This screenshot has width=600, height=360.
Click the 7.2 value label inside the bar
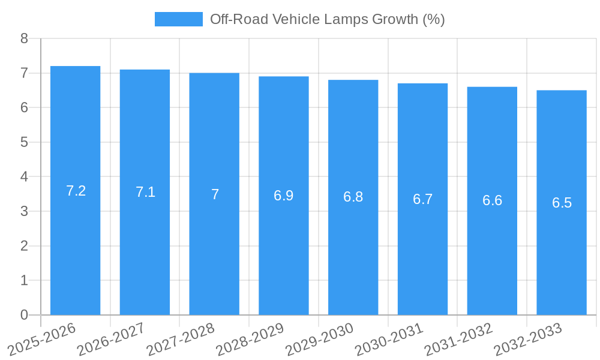click(76, 191)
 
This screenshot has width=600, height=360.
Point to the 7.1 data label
click(145, 192)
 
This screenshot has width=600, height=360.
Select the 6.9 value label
click(284, 196)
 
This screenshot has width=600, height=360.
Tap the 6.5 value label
click(562, 203)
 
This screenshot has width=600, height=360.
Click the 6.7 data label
click(422, 199)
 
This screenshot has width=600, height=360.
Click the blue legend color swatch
click(178, 19)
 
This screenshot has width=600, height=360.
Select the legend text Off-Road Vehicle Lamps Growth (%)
click(327, 19)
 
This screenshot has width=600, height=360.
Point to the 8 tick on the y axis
click(24, 38)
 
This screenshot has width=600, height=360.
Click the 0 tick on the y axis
click(24, 315)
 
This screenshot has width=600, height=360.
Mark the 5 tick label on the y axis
click(24, 142)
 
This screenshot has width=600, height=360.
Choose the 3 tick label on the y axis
click(24, 211)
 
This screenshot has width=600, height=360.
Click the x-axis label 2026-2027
click(112, 340)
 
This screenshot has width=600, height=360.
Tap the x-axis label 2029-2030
click(320, 340)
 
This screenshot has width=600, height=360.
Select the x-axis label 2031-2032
click(459, 340)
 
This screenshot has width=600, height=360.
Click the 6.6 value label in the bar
click(492, 201)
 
